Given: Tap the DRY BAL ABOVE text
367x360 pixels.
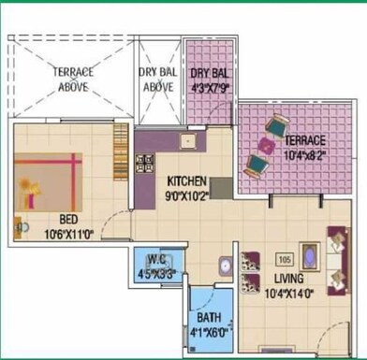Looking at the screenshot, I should click(158, 79).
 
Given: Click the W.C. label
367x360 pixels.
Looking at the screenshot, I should click(156, 261).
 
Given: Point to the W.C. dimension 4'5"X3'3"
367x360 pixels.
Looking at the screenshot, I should click(156, 274).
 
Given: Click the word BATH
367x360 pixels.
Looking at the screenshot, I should click(209, 316).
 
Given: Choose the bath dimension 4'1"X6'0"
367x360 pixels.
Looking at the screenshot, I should click(209, 329).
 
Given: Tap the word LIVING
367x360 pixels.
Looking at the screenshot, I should click(286, 279).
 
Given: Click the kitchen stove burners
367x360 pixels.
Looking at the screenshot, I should click(145, 166).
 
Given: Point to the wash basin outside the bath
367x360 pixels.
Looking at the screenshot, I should click(225, 266).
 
